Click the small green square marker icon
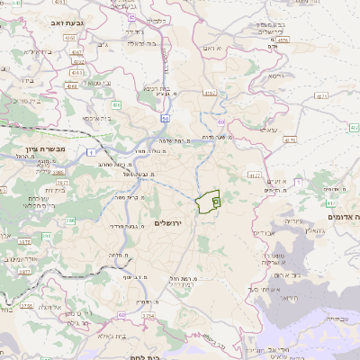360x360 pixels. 217,202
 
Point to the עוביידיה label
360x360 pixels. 332,318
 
